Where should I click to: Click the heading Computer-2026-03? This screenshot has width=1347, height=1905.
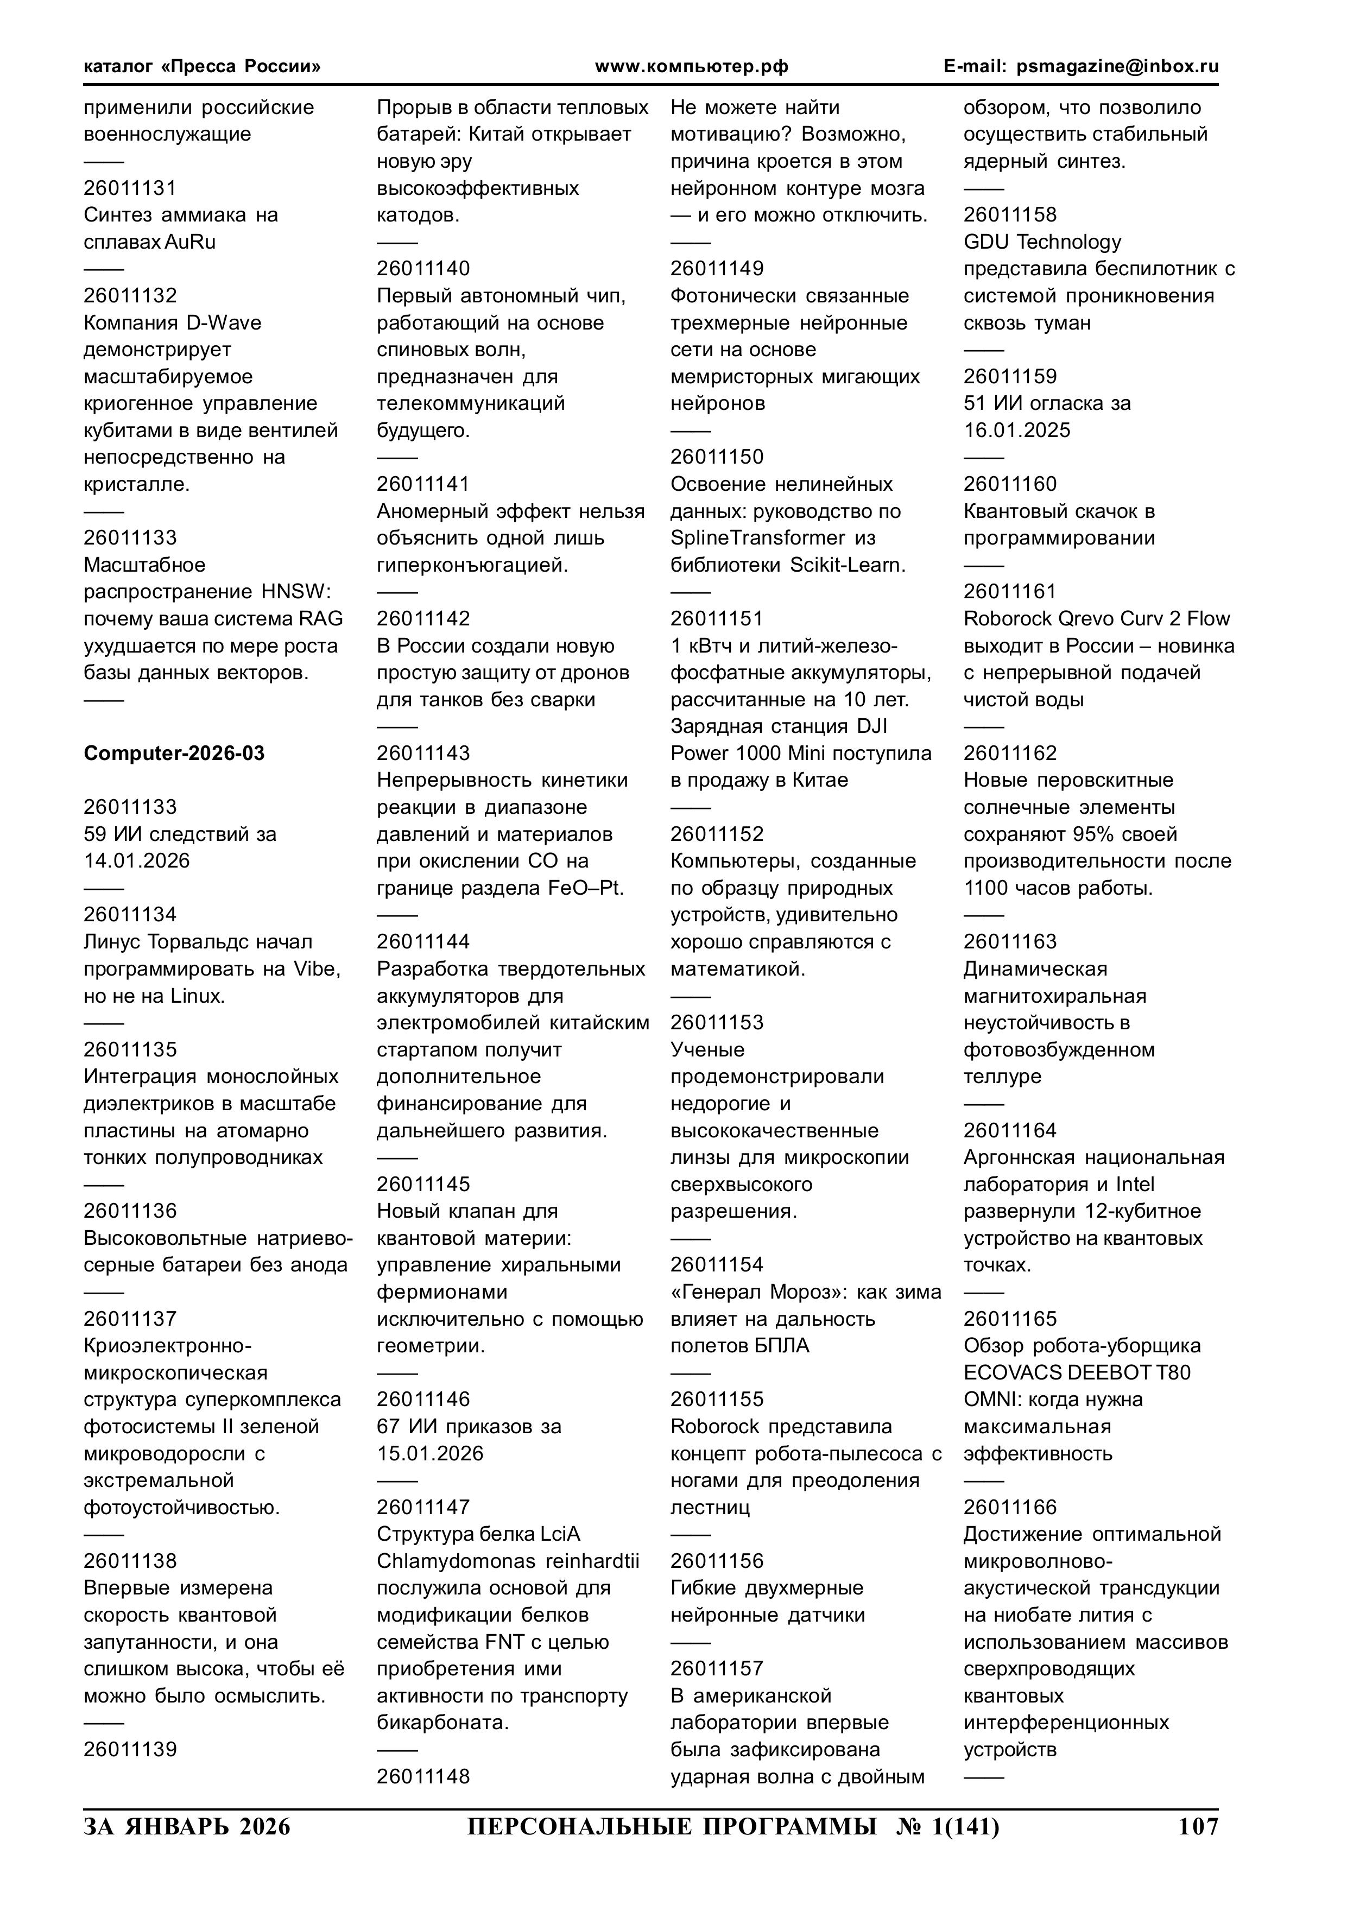tap(174, 754)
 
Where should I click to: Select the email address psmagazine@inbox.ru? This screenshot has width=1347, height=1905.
tap(1117, 66)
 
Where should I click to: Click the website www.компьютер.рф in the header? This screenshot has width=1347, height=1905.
tap(691, 66)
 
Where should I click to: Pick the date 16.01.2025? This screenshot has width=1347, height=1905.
tap(1017, 430)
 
